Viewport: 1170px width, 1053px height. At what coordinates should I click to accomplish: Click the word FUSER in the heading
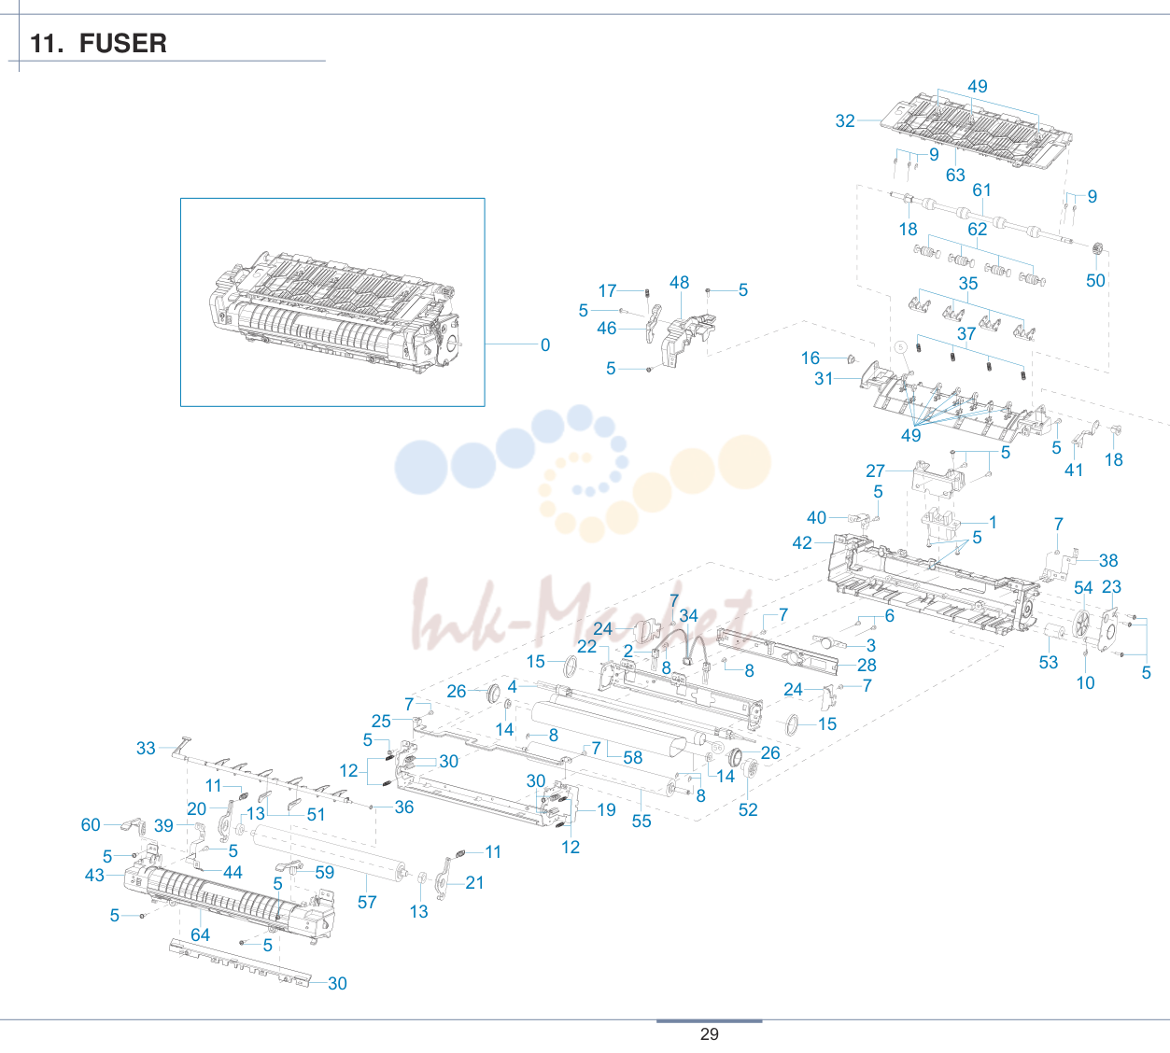pos(123,43)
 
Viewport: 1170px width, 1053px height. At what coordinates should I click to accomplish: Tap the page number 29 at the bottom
pos(710,1034)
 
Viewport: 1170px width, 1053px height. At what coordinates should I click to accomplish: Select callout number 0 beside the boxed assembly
pos(545,344)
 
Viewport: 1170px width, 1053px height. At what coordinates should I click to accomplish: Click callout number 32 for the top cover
pos(845,120)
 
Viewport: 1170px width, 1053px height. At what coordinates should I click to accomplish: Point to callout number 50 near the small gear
pos(1095,281)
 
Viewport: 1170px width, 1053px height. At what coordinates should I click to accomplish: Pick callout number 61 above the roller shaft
pos(981,190)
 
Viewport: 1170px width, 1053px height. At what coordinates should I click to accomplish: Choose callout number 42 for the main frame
pos(802,543)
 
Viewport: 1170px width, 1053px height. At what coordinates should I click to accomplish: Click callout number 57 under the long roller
pos(367,903)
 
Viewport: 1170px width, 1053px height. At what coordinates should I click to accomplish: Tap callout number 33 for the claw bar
pos(146,749)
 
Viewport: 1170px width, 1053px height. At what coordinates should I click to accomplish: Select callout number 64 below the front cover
pos(200,935)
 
